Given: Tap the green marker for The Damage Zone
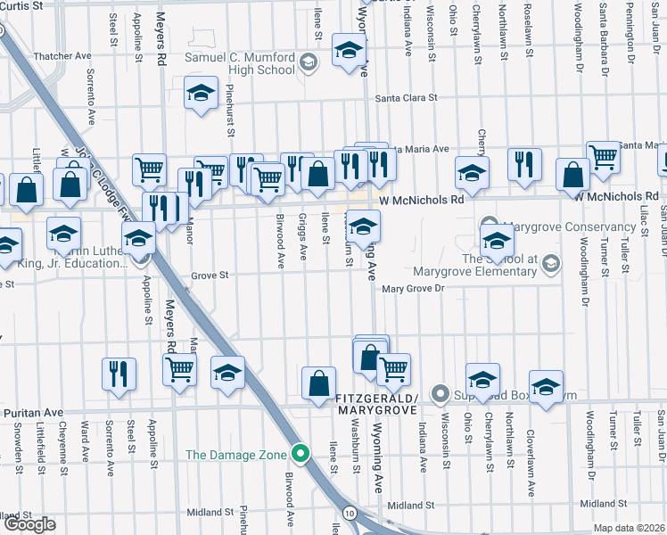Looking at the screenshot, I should pyautogui.click(x=301, y=455).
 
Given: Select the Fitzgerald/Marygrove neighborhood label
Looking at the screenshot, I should pyautogui.click(x=375, y=402).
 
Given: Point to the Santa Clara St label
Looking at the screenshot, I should pyautogui.click(x=407, y=98).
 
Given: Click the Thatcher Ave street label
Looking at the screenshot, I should pyautogui.click(x=62, y=56).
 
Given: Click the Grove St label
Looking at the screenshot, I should pyautogui.click(x=210, y=276).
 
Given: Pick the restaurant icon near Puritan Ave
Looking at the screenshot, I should pyautogui.click(x=119, y=373).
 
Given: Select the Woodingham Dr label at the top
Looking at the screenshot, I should pyautogui.click(x=580, y=27).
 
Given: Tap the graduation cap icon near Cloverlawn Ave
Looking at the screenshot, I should pyautogui.click(x=546, y=386).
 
